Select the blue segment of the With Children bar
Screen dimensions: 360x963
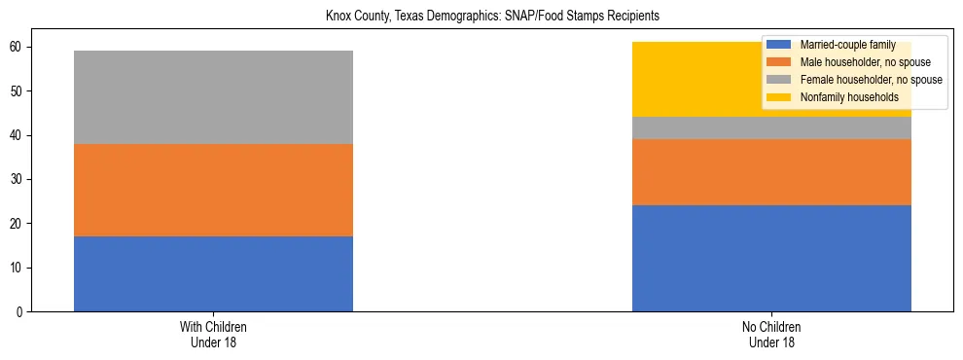click(x=213, y=273)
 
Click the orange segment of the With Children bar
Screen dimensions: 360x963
click(x=213, y=190)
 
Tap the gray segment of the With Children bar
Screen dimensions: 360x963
click(x=213, y=97)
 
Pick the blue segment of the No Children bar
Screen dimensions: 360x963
click(x=771, y=258)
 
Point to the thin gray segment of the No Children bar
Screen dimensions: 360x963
click(x=771, y=128)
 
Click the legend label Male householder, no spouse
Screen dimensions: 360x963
click(x=857, y=62)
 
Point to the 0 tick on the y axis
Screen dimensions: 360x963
click(x=21, y=311)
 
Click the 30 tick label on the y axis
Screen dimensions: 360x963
click(x=18, y=179)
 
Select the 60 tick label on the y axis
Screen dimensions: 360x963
click(x=18, y=47)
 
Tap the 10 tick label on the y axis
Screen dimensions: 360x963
click(x=18, y=268)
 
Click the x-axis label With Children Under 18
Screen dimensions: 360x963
click(x=213, y=334)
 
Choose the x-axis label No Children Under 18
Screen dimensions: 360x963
click(x=771, y=334)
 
